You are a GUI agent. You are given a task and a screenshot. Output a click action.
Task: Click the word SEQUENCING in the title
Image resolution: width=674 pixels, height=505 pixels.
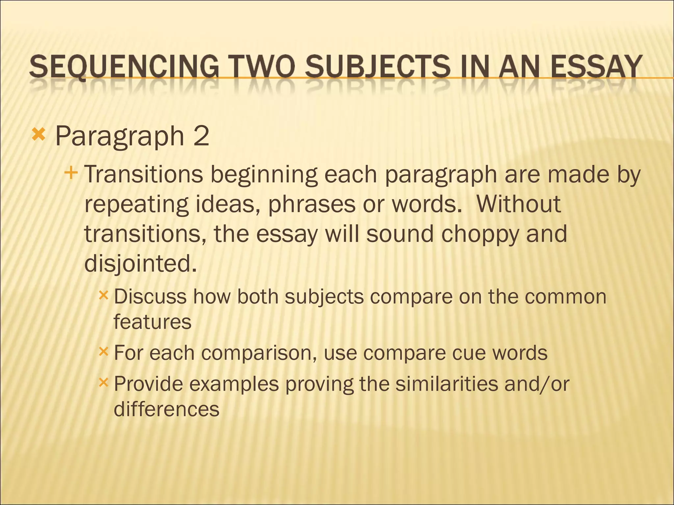pyautogui.click(x=124, y=67)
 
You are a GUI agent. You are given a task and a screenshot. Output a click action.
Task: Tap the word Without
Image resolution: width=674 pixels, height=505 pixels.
pyautogui.click(x=518, y=204)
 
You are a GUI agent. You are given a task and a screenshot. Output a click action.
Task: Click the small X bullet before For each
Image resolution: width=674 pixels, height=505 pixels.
pyautogui.click(x=103, y=352)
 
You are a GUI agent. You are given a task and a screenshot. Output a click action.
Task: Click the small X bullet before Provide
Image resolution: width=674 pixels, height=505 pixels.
pyautogui.click(x=103, y=382)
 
